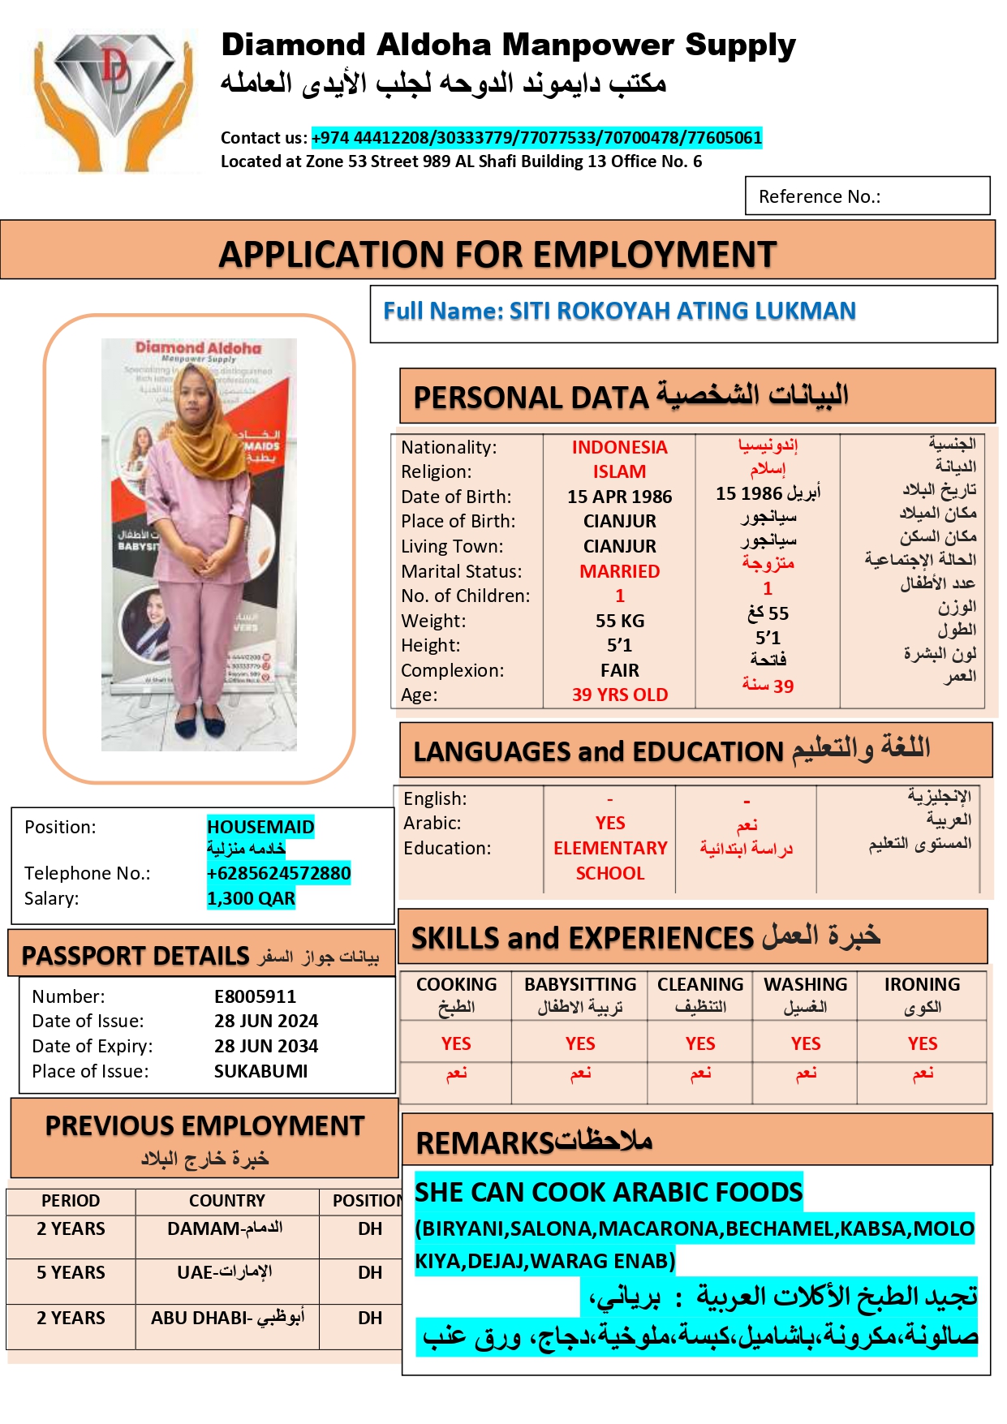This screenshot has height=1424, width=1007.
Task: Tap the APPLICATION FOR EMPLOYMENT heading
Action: click(497, 254)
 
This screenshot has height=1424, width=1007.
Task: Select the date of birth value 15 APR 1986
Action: click(619, 497)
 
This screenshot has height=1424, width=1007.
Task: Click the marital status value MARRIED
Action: click(619, 571)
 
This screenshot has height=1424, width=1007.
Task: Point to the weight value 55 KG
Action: click(619, 621)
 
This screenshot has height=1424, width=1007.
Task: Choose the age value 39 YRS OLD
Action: click(619, 695)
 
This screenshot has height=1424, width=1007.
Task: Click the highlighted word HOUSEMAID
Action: click(260, 827)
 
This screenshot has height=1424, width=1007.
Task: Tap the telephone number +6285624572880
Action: click(278, 873)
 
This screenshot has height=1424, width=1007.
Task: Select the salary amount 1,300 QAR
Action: click(251, 898)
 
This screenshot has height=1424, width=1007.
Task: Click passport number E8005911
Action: click(255, 996)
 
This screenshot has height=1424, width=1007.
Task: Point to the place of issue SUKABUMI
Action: click(260, 1071)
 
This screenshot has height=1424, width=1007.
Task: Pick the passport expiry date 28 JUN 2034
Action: click(266, 1046)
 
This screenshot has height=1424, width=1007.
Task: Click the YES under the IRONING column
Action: click(922, 1043)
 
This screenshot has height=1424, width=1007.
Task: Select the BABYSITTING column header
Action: click(580, 985)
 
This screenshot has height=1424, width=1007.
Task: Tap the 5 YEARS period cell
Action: click(71, 1272)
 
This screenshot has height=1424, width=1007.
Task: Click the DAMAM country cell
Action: click(226, 1228)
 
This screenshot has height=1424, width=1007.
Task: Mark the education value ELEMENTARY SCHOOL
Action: click(610, 860)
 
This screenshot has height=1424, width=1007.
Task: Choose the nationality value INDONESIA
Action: click(619, 447)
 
